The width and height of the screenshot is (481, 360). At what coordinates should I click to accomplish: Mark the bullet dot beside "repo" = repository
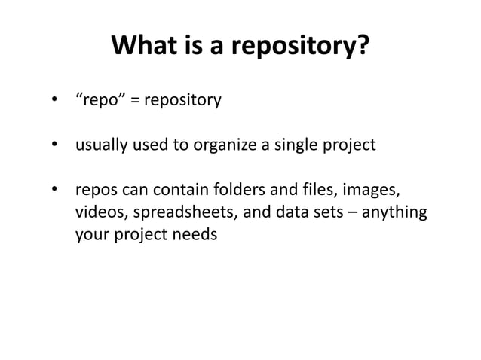point(54,101)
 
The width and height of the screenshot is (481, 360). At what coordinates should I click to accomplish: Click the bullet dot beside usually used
point(54,145)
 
